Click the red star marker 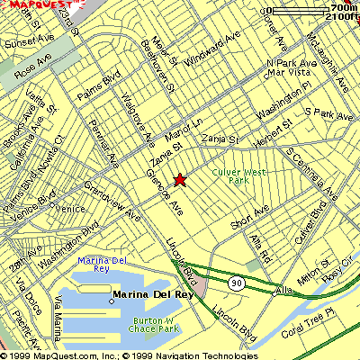click(180, 179)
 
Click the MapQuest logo click(36, 6)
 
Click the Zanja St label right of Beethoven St click(220, 140)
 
